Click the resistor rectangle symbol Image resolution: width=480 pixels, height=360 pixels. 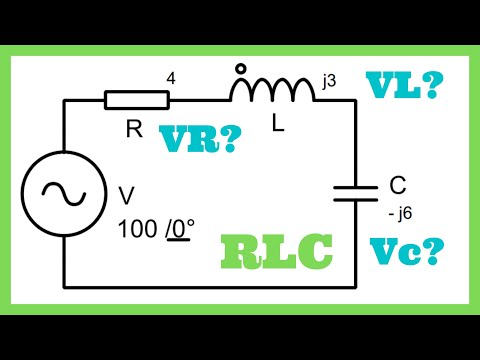137,101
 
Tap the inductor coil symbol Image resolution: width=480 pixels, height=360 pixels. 271,93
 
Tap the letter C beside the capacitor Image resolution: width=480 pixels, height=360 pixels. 398,184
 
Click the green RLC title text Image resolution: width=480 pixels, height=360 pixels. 279,253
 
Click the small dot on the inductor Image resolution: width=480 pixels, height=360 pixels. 240,70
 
